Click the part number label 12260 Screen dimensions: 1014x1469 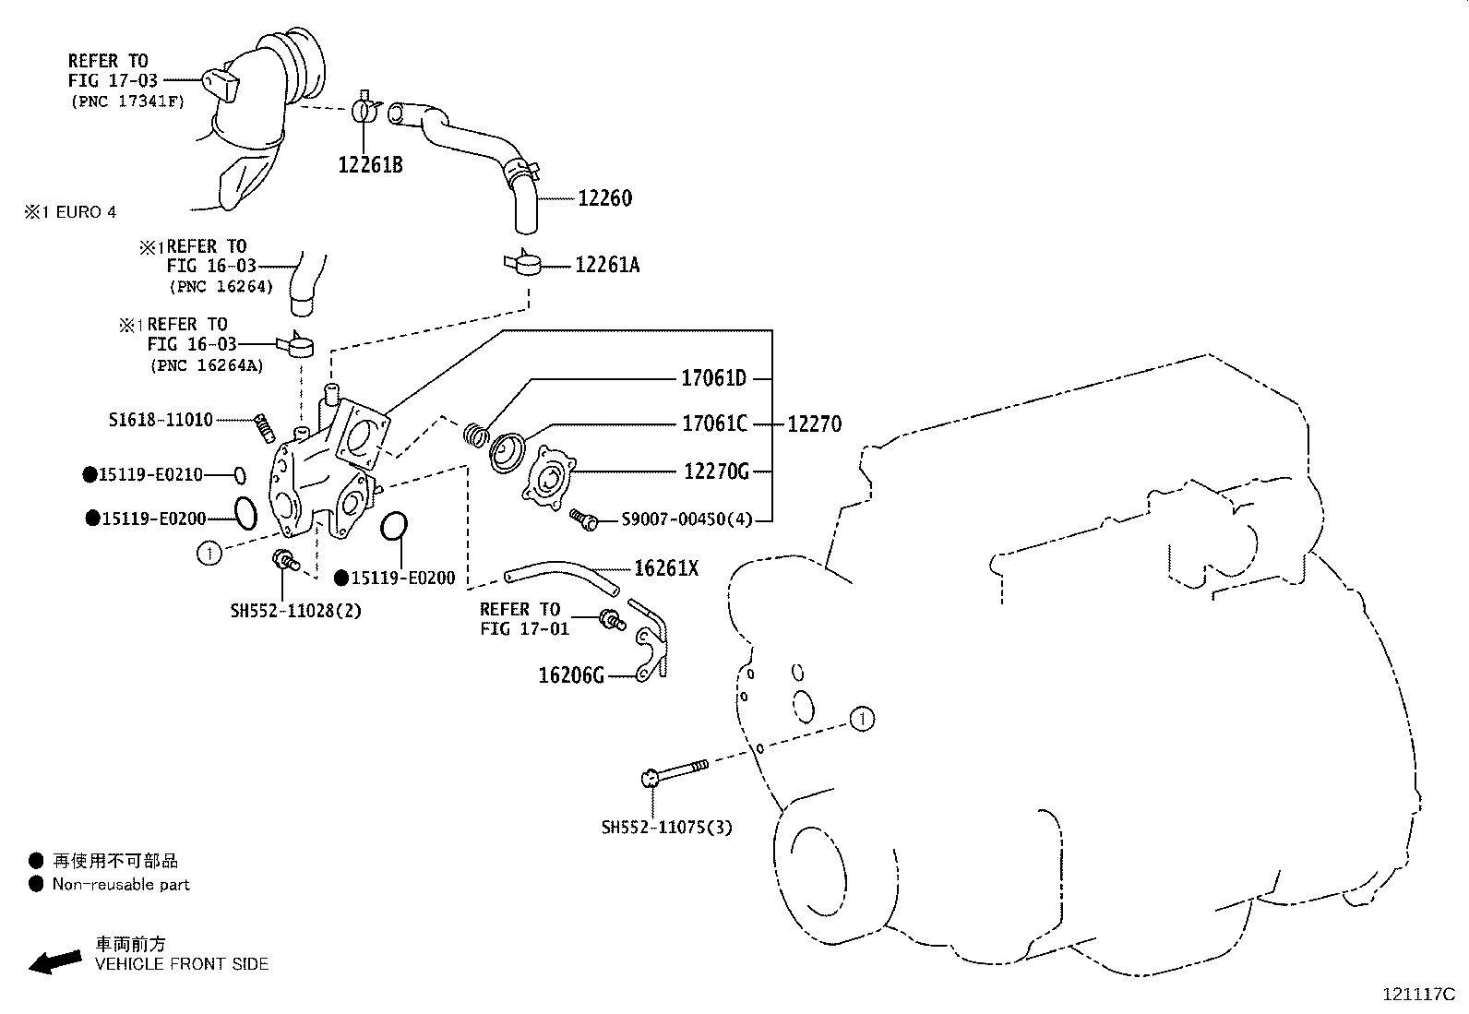(604, 198)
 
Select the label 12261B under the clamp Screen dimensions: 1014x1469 (370, 165)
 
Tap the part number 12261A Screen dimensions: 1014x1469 (606, 266)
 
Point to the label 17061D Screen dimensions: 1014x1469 (713, 378)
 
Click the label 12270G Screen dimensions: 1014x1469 (716, 471)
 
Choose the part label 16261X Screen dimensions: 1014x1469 (665, 568)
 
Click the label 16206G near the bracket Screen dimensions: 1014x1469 (571, 676)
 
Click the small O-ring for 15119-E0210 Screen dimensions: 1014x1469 (239, 475)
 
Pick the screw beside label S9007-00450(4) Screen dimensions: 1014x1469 (583, 519)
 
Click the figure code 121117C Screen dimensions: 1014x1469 (1417, 995)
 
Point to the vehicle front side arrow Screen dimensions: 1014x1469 (54, 961)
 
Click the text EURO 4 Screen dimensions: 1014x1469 (86, 212)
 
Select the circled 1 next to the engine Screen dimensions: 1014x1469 (861, 719)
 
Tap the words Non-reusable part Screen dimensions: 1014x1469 (121, 885)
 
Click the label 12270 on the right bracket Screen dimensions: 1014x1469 (814, 424)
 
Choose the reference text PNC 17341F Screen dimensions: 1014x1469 (127, 101)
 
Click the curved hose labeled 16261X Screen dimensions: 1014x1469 (563, 577)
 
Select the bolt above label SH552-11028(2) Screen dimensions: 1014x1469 (283, 558)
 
